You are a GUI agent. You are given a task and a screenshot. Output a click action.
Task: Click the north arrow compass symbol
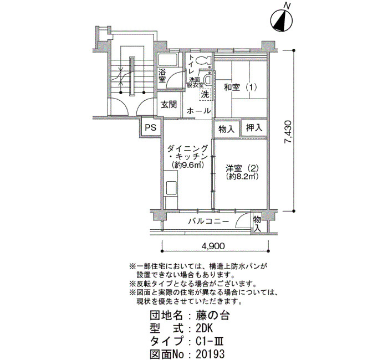283,21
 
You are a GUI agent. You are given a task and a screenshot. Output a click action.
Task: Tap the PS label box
150,127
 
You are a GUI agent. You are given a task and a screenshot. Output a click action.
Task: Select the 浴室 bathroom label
162,76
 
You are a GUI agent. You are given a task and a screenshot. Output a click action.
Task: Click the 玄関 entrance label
169,104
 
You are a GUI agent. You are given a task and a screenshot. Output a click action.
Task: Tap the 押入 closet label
254,128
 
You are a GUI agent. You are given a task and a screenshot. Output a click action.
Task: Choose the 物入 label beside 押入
226,128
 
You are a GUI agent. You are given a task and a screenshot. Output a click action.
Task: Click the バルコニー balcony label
208,221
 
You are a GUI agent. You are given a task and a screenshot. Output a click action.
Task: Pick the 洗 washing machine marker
205,94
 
